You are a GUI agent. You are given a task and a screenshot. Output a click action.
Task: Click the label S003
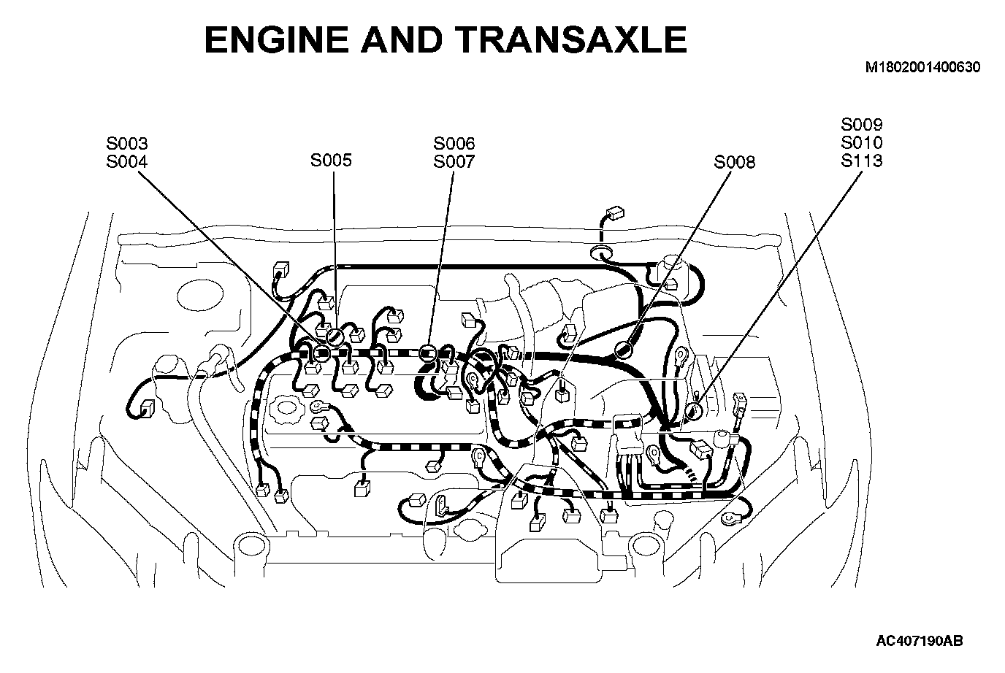click(126, 144)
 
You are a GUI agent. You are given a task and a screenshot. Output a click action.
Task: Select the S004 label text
click(126, 161)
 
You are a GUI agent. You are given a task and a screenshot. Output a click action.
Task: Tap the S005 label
click(331, 160)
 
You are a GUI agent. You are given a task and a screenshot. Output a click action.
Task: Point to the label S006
click(454, 144)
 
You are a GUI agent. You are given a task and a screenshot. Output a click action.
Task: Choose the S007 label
click(454, 161)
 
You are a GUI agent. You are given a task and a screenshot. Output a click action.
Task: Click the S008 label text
click(735, 162)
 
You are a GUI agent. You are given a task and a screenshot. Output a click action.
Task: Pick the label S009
click(862, 125)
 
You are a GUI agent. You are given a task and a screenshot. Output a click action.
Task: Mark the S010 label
click(862, 142)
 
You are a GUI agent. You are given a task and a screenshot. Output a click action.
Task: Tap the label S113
click(862, 161)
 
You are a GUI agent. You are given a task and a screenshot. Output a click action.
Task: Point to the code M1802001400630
click(922, 67)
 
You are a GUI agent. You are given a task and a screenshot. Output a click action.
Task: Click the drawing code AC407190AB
click(920, 641)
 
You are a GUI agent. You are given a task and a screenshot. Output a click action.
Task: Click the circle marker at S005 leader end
click(334, 336)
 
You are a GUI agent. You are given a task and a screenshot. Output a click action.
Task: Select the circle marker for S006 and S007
click(428, 354)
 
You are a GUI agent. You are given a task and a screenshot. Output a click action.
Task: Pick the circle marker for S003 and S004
click(321, 353)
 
